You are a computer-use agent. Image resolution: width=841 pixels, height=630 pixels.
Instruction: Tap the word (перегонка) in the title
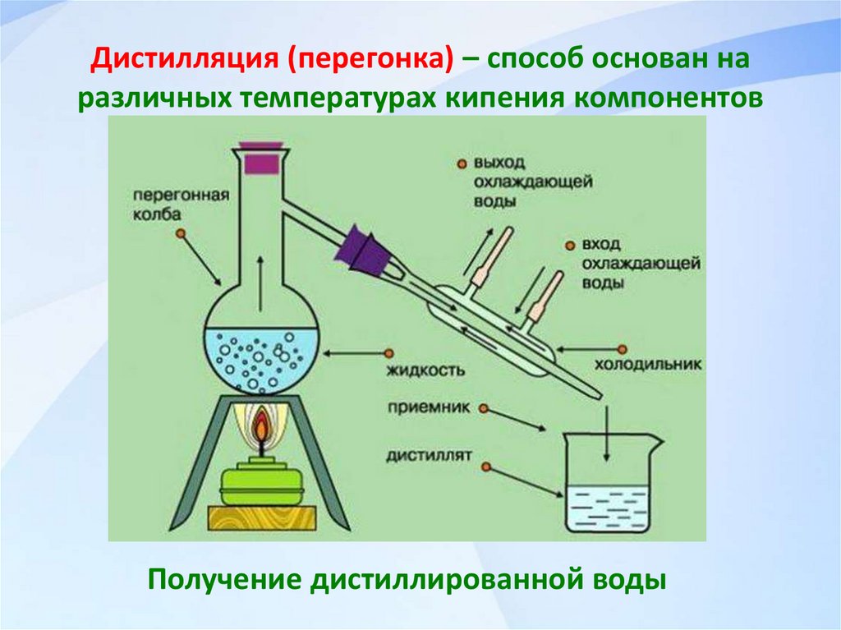pos(369,60)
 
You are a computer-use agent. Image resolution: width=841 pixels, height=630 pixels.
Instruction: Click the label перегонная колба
pos(168,205)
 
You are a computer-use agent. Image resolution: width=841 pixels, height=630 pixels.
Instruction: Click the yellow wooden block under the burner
pos(262,517)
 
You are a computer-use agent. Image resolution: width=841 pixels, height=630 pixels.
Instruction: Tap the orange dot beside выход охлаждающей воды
pos(462,163)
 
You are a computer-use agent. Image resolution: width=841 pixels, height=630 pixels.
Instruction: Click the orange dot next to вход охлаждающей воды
pos(569,246)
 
